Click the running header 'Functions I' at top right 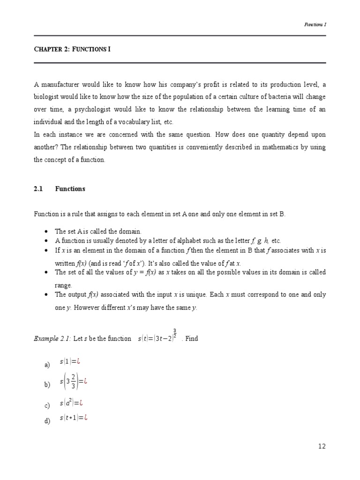[x=315, y=25]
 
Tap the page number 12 [x=321, y=446]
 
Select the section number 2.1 [x=38, y=189]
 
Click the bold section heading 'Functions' [x=70, y=189]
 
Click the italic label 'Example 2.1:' [x=52, y=339]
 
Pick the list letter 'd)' [x=47, y=421]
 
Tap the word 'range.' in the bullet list [x=64, y=285]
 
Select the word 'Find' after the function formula [x=192, y=339]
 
